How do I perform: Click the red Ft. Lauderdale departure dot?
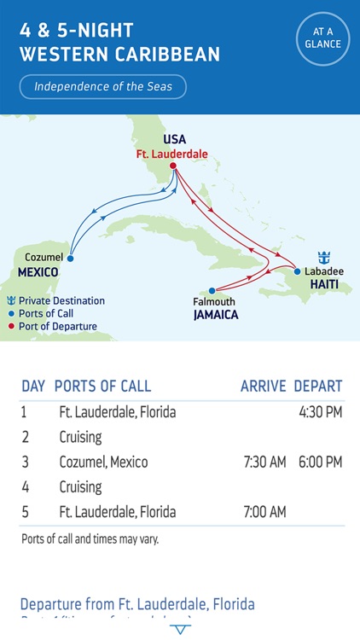(173, 166)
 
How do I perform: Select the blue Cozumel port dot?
(70, 258)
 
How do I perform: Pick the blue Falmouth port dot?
(212, 290)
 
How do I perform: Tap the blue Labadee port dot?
(297, 272)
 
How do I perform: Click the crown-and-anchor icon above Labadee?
(324, 258)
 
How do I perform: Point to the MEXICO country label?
(38, 272)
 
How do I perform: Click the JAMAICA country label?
(215, 314)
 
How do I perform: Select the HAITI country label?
(324, 285)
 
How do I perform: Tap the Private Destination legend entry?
(56, 300)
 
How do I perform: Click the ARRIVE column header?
(263, 386)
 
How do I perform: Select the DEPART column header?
(318, 386)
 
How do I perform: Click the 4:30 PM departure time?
(320, 412)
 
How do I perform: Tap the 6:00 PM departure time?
(320, 463)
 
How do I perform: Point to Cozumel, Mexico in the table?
(103, 463)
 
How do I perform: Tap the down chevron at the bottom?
(180, 629)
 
